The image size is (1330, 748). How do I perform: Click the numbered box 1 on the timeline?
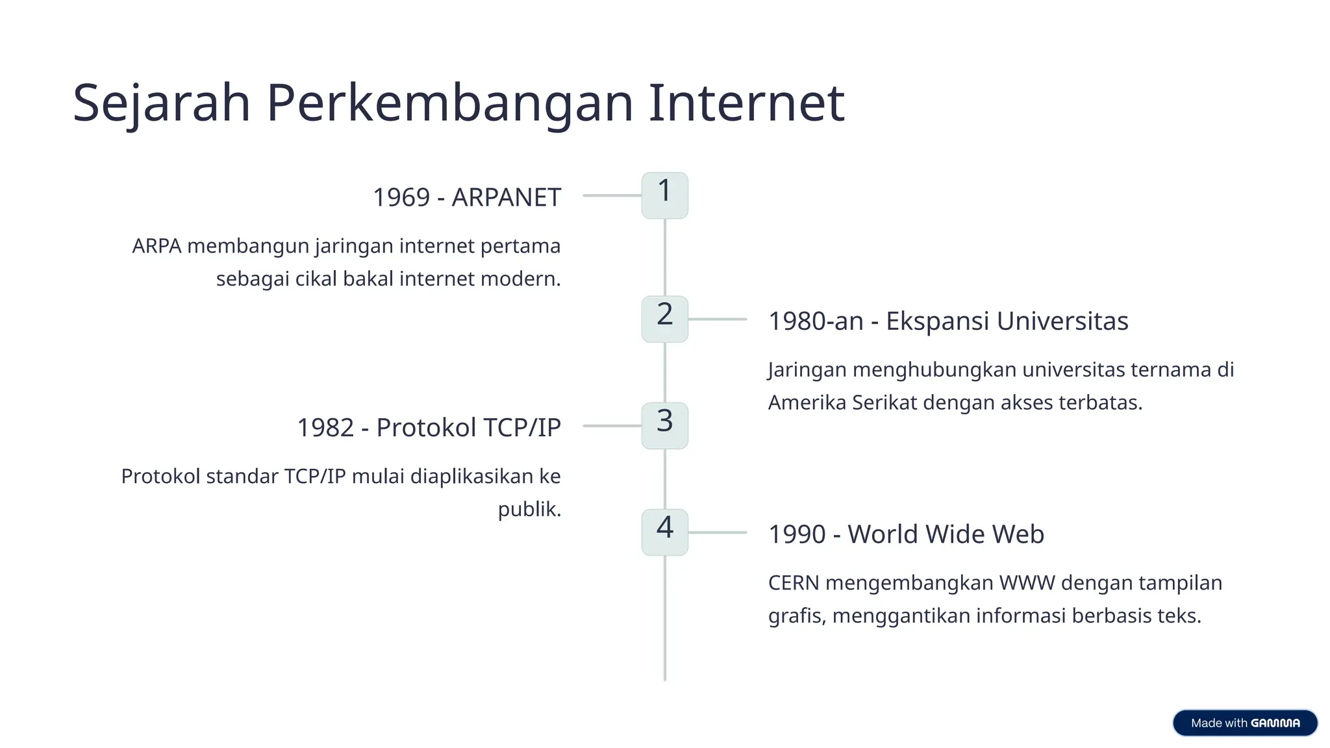tap(664, 195)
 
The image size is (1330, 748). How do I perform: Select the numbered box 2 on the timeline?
tap(664, 319)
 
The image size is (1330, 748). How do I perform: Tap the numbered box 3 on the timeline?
tap(664, 425)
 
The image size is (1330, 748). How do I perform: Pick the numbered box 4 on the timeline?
tap(664, 532)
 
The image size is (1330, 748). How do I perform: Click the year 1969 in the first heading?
tap(401, 197)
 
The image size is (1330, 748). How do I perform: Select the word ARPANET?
tap(506, 197)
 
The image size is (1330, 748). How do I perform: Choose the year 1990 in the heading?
tap(797, 534)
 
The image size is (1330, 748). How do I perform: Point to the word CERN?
tap(794, 583)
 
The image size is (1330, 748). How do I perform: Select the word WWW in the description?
tap(1027, 583)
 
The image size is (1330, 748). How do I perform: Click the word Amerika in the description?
tap(807, 403)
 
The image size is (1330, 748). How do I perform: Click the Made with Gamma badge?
tap(1245, 723)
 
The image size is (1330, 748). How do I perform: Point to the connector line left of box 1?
tap(612, 195)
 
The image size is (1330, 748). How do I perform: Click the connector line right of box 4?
tap(718, 532)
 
